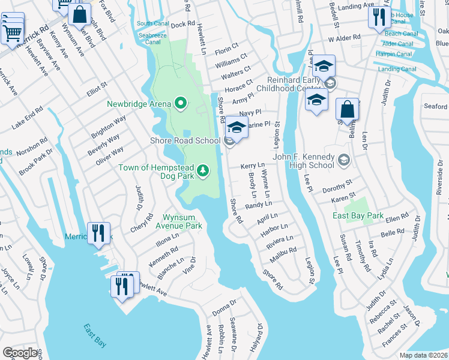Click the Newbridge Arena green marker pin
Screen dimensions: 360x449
(x=181, y=103)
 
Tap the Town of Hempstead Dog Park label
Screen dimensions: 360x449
(x=157, y=172)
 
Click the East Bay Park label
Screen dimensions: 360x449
(x=358, y=215)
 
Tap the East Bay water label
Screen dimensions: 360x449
(x=95, y=335)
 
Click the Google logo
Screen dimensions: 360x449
(x=20, y=353)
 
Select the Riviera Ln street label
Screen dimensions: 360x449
(x=280, y=242)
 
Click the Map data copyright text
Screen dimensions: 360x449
(x=423, y=355)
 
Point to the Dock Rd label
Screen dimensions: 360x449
(x=182, y=26)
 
